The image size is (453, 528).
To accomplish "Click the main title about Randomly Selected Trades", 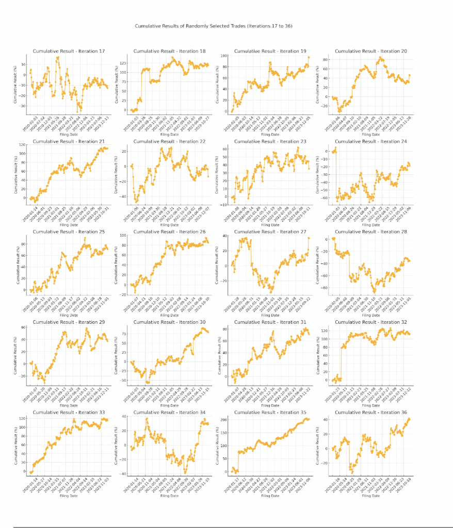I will click(214, 25).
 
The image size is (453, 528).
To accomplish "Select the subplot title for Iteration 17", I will click(69, 51).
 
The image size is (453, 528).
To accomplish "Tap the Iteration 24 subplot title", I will click(371, 141).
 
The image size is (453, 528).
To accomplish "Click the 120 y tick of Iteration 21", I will click(23, 145).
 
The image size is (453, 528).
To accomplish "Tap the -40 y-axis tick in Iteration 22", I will click(124, 196).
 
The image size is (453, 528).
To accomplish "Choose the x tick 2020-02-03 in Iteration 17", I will click(27, 124).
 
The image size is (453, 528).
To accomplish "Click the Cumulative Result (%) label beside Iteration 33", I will click(16, 445).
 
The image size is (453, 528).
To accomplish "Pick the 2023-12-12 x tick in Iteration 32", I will click(406, 394).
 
